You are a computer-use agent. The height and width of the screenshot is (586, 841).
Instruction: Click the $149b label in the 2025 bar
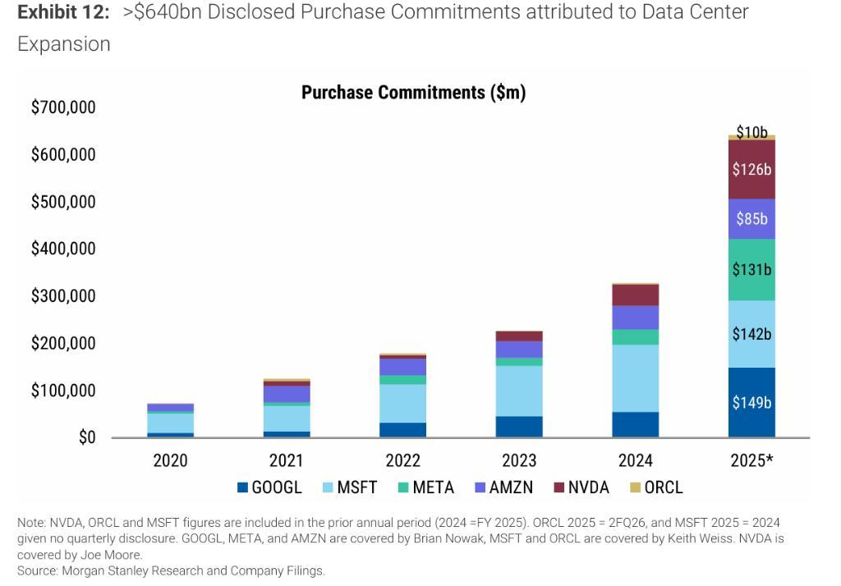click(751, 403)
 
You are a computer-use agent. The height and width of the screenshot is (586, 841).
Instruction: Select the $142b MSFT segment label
click(751, 334)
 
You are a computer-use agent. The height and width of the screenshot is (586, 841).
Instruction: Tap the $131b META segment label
click(751, 270)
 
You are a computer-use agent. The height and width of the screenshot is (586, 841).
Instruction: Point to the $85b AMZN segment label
click(751, 219)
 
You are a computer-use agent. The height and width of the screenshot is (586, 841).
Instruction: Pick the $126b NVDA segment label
click(751, 170)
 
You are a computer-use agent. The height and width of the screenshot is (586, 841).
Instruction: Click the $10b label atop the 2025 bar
click(751, 131)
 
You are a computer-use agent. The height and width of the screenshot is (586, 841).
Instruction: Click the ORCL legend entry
click(656, 488)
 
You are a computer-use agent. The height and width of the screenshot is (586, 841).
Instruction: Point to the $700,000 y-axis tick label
click(63, 108)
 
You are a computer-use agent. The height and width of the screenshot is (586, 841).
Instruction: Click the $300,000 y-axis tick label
click(63, 296)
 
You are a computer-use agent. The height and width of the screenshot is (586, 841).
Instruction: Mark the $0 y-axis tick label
click(87, 438)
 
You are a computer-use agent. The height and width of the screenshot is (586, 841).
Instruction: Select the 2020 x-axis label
click(170, 460)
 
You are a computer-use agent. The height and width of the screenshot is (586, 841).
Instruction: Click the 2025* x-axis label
click(751, 460)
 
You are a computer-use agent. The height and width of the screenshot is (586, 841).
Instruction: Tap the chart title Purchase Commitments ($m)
click(413, 93)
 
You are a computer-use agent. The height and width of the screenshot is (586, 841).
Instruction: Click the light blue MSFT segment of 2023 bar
click(519, 391)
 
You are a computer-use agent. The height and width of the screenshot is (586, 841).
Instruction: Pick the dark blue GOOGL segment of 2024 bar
click(636, 424)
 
